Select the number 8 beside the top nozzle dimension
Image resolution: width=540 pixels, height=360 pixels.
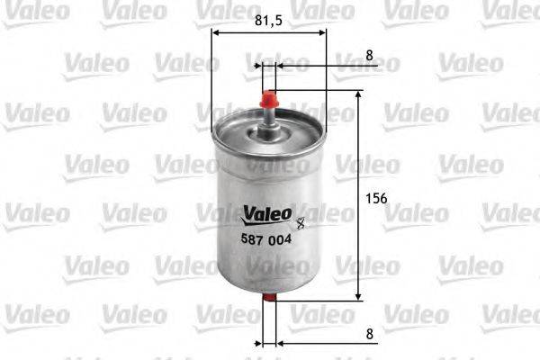(370, 55)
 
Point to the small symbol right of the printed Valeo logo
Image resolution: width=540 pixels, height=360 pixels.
(301, 216)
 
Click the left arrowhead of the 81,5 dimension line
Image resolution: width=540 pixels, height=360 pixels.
(216, 32)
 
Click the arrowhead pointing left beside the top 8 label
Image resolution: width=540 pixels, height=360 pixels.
(280, 65)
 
